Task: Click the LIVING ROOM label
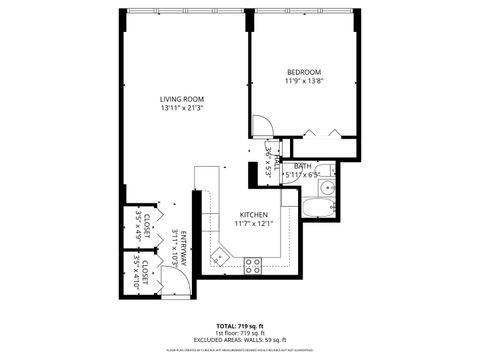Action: (x=182, y=98)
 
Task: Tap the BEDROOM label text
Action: (x=303, y=72)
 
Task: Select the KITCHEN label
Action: (x=253, y=215)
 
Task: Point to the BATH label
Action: (x=302, y=166)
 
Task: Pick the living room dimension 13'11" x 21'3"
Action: (x=182, y=108)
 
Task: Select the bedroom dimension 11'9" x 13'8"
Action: (x=303, y=82)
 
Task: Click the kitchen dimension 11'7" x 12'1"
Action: (x=253, y=224)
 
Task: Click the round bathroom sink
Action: (x=327, y=188)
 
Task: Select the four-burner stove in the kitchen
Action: (x=253, y=264)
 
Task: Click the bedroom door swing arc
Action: (x=260, y=127)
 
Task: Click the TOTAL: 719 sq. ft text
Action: (x=240, y=326)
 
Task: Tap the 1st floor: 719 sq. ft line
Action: (x=240, y=333)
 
